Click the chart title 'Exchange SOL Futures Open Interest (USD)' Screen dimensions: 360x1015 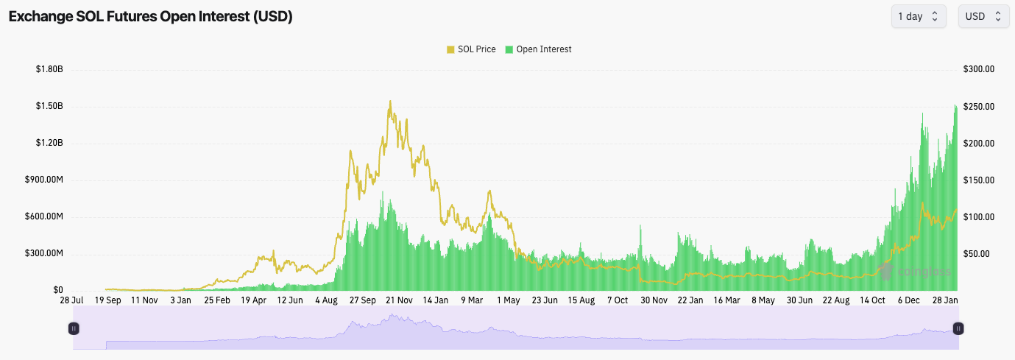click(151, 17)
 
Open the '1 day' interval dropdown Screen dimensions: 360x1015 click(918, 16)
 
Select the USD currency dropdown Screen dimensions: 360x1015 click(983, 16)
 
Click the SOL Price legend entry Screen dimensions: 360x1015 click(470, 49)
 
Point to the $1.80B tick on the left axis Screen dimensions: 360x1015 click(49, 69)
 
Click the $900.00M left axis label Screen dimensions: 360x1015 click(46, 180)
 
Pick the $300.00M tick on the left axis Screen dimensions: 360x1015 click(46, 253)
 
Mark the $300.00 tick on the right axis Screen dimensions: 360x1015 click(979, 69)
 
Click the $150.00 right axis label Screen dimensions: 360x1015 click(979, 180)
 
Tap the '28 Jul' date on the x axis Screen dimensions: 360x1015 click(71, 300)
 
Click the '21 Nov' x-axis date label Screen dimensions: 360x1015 click(399, 300)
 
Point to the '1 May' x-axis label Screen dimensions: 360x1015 click(509, 300)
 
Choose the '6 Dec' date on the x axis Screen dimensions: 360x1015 click(908, 300)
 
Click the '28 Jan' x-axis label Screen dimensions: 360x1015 click(945, 300)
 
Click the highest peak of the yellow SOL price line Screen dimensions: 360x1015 click(390, 102)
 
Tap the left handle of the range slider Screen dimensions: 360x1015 click(74, 328)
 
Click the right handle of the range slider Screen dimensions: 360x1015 click(958, 328)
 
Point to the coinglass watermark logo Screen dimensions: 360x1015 click(913, 272)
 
